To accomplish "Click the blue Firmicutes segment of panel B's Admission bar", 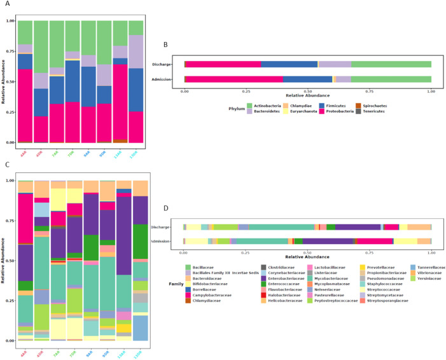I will point(307,79).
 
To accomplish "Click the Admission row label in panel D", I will point(167,241).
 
